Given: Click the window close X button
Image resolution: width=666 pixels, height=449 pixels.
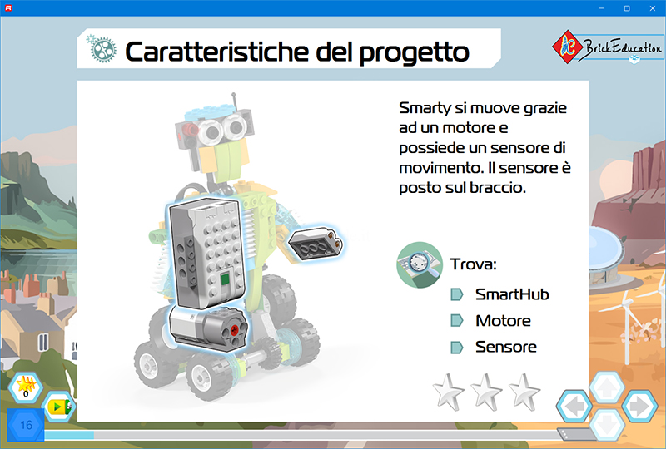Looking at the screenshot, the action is pyautogui.click(x=653, y=8).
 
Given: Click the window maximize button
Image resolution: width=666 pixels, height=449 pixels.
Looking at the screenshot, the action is pyautogui.click(x=627, y=8).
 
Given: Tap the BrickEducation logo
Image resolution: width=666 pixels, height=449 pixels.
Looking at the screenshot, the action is pyautogui.click(x=608, y=47).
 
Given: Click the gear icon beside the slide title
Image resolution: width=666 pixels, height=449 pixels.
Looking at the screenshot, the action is pyautogui.click(x=102, y=49).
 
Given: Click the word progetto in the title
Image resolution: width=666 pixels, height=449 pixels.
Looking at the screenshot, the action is pyautogui.click(x=414, y=53).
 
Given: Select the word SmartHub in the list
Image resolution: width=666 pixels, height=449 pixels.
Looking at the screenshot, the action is pyautogui.click(x=512, y=294).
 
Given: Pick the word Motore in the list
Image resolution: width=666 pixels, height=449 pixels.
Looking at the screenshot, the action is pyautogui.click(x=503, y=320).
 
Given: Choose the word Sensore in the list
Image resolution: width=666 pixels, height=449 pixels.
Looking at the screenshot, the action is pyautogui.click(x=506, y=347).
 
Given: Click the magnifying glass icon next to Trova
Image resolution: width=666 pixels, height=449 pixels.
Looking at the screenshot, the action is pyautogui.click(x=420, y=264).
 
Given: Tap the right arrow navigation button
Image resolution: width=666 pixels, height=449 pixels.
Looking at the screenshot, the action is pyautogui.click(x=639, y=406).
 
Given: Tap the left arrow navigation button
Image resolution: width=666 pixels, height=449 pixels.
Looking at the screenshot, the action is pyautogui.click(x=574, y=406).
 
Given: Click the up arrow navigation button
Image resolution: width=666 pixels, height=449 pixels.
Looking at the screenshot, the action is pyautogui.click(x=607, y=387).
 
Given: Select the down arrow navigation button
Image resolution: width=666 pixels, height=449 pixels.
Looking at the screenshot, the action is pyautogui.click(x=607, y=425).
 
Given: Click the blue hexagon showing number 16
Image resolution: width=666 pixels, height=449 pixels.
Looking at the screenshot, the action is pyautogui.click(x=26, y=425).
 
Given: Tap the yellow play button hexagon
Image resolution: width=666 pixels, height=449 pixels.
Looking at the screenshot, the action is pyautogui.click(x=58, y=407).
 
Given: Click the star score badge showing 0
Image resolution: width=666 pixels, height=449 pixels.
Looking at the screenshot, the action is pyautogui.click(x=26, y=387).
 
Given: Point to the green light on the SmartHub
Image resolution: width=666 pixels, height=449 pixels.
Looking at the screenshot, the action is pyautogui.click(x=225, y=279).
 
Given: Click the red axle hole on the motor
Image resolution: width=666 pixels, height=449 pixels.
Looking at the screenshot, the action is pyautogui.click(x=234, y=331).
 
